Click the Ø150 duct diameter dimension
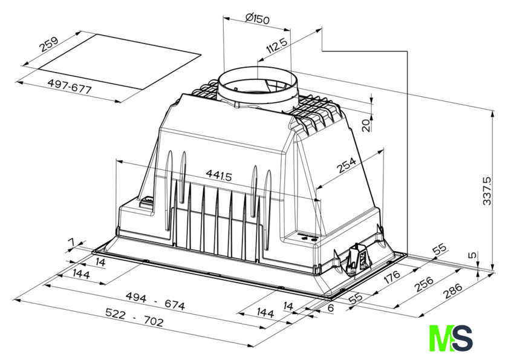pos(257,19)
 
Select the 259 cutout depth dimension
pos(48,44)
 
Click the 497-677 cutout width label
pos(70,87)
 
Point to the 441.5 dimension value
pos(219,175)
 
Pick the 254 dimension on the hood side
pos(347,165)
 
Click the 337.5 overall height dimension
pos(487,191)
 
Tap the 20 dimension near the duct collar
pos(366,125)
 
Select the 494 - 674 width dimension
pos(155,301)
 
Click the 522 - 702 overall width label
pos(134,317)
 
